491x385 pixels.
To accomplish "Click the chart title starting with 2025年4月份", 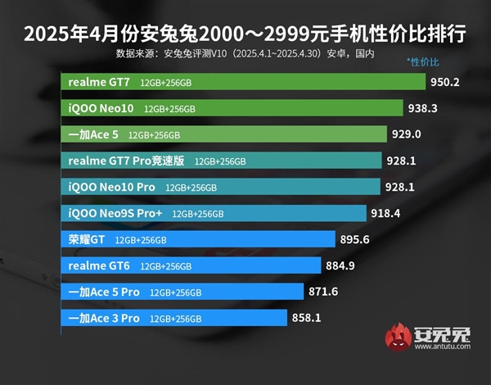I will [x=245, y=34].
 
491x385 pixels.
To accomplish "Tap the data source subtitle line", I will [x=245, y=54].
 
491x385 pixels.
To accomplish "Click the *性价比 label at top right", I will [x=423, y=63].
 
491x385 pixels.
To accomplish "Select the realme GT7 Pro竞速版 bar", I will [x=221, y=161].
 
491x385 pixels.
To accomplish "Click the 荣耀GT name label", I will [x=87, y=240].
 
